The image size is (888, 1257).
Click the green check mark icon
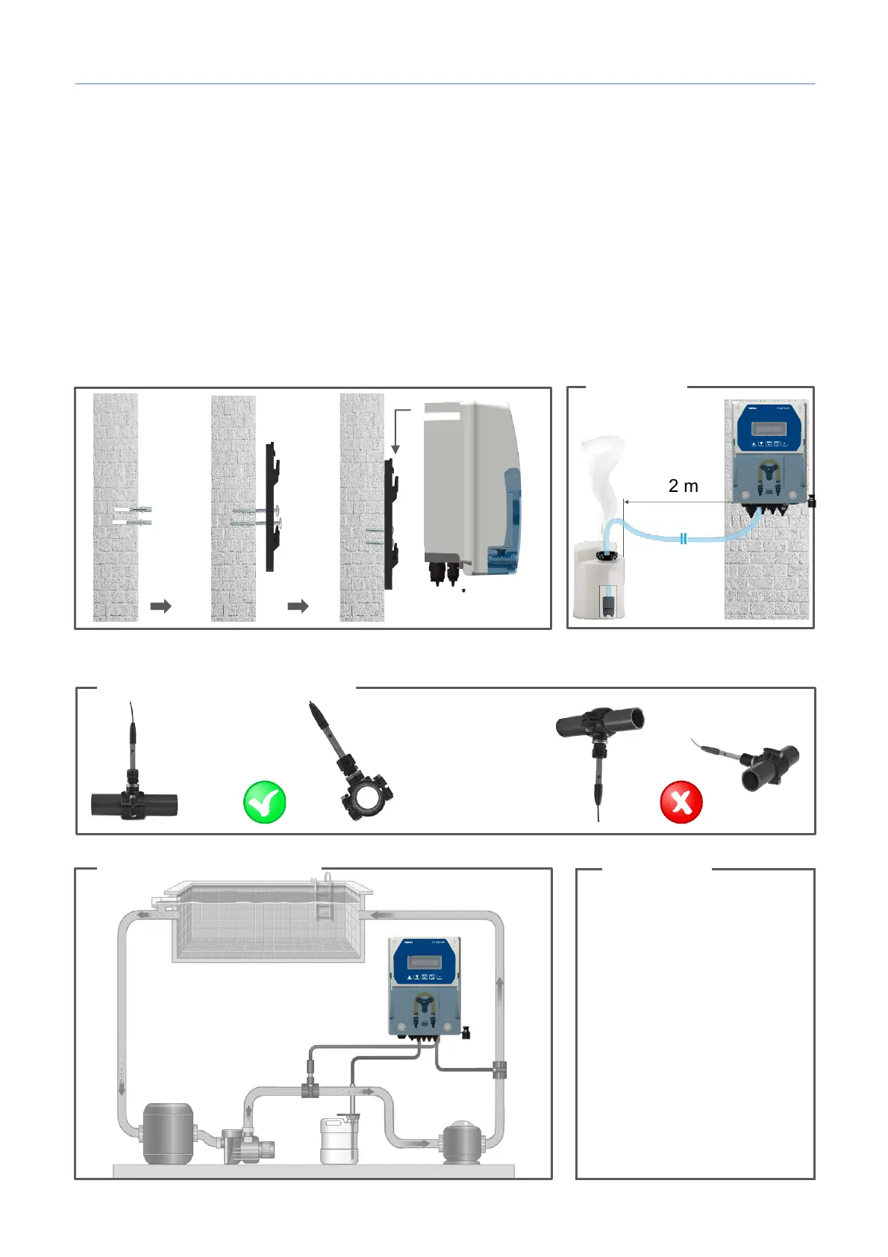pos(265,802)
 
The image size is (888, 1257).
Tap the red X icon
pos(681,802)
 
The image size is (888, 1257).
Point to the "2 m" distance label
pos(683,486)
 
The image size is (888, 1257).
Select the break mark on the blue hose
pos(683,538)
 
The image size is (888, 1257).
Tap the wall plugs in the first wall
pos(133,516)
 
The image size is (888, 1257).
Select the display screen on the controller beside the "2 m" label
pos(769,428)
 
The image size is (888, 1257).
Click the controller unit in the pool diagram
pos(425,985)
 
